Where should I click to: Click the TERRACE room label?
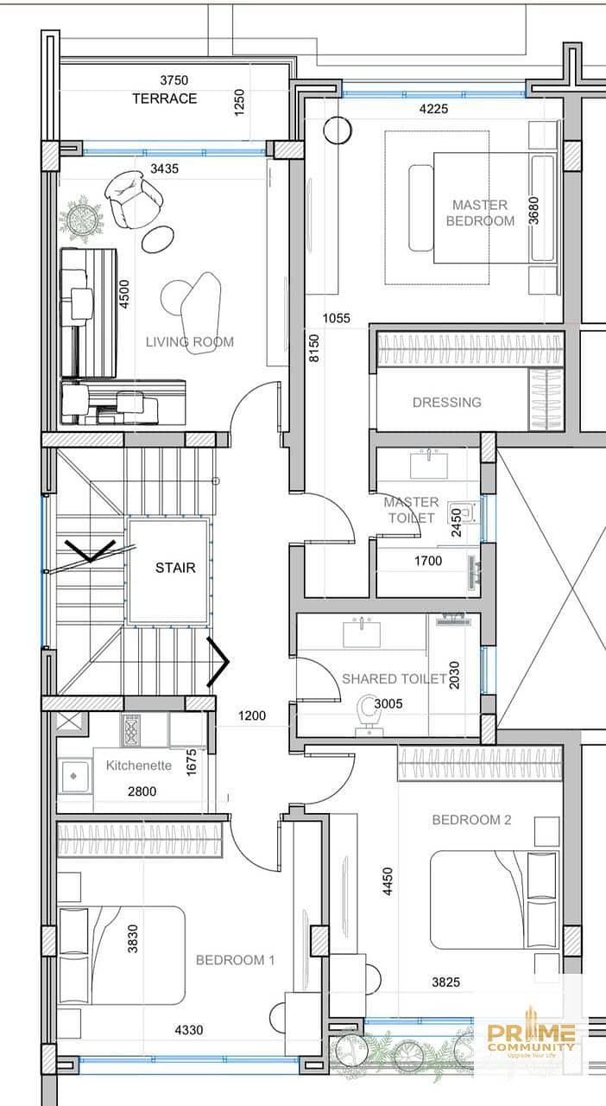(164, 99)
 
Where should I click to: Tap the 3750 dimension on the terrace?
(174, 80)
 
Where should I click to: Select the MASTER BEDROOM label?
(480, 213)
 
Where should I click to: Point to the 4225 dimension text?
(433, 109)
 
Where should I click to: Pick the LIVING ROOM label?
(190, 341)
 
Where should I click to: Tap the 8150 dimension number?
(314, 348)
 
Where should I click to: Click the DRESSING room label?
(447, 403)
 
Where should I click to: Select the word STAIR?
(175, 568)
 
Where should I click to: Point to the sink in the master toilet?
(429, 465)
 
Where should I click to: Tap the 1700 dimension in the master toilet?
(428, 561)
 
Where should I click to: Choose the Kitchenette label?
(139, 766)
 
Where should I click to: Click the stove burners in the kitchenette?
(130, 730)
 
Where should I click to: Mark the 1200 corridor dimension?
(252, 716)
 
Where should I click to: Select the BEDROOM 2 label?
(471, 820)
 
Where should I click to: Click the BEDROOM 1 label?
(235, 960)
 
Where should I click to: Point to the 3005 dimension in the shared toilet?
(388, 703)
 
